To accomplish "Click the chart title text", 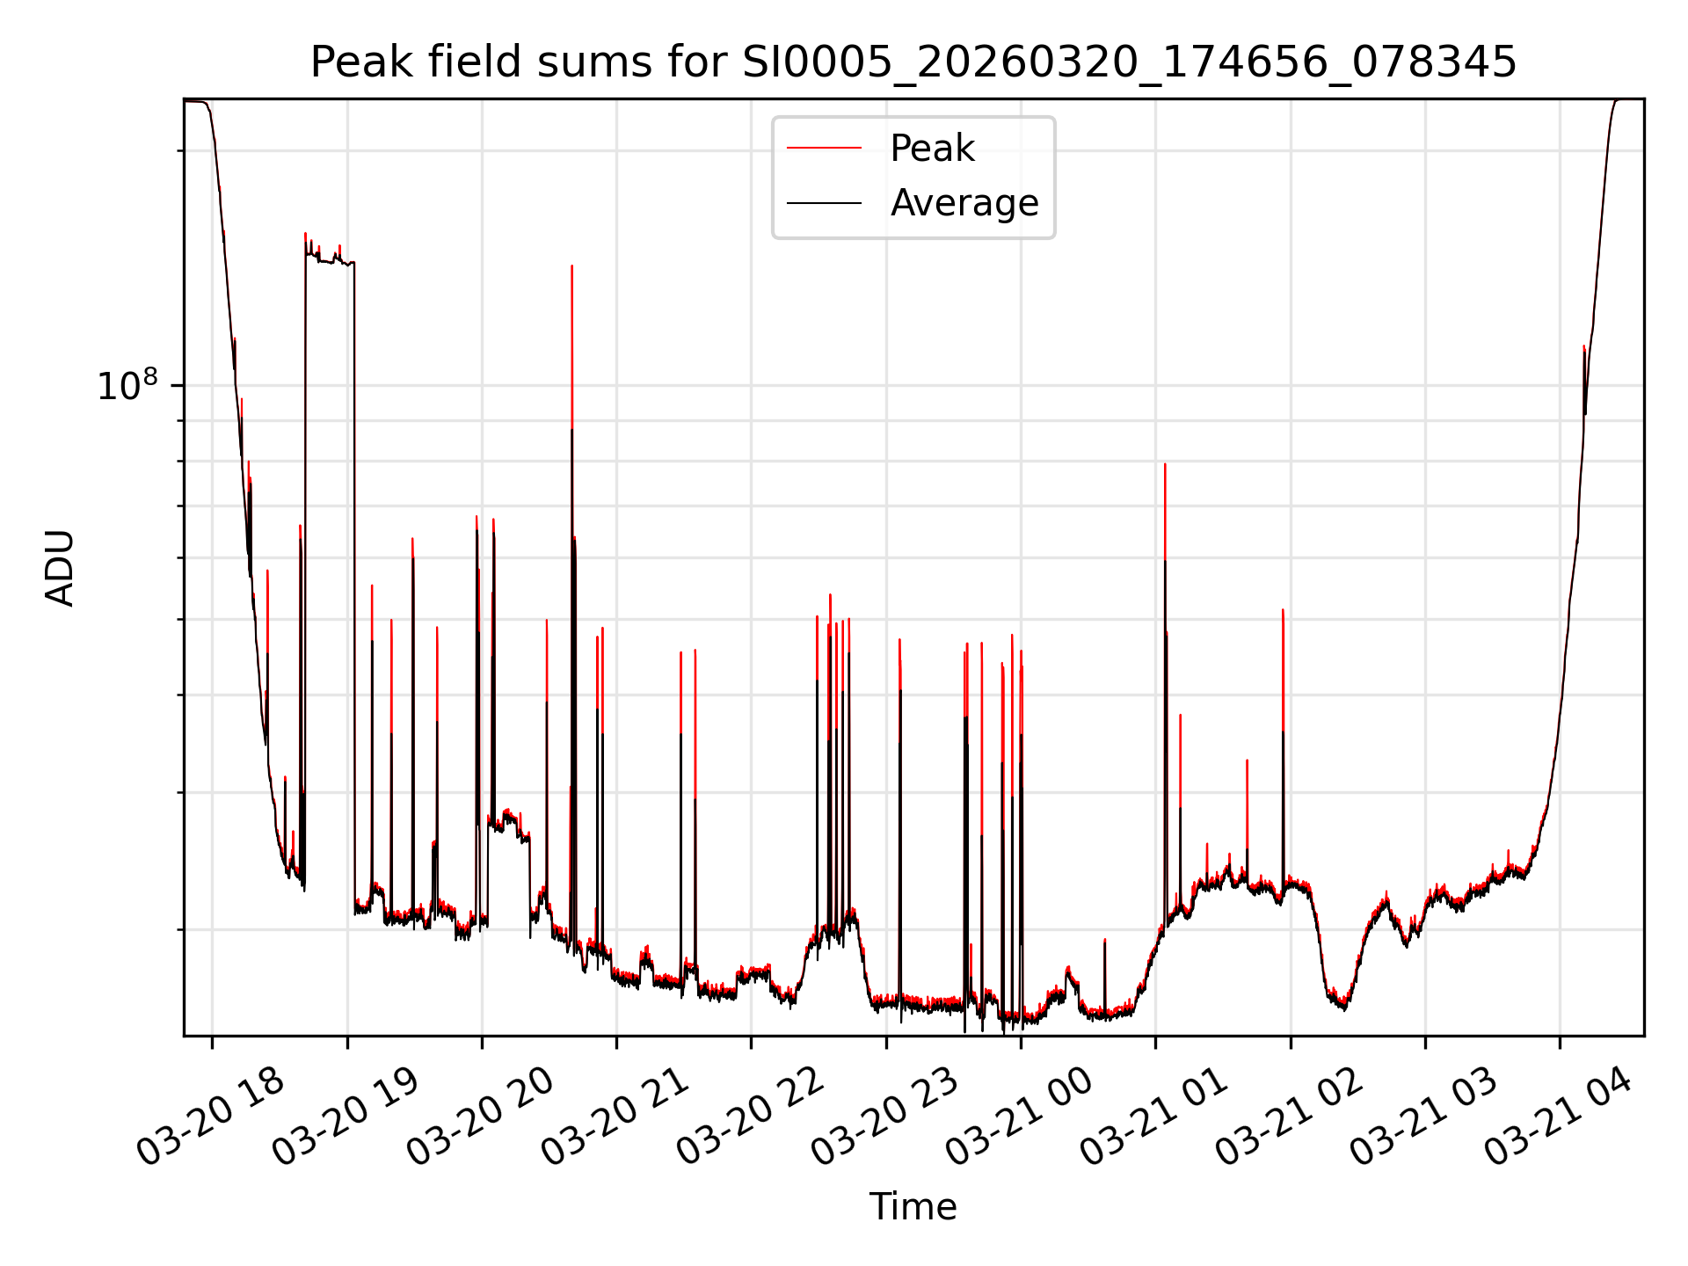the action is coord(913,62).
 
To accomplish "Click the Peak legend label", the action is coord(932,149).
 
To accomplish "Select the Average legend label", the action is coord(964,203).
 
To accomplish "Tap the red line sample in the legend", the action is coord(824,149).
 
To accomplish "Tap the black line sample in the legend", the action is coord(824,203).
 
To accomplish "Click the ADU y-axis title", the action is coord(60,568).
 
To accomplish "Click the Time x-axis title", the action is coord(913,1206).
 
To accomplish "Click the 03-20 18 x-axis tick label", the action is coord(212,1116).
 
